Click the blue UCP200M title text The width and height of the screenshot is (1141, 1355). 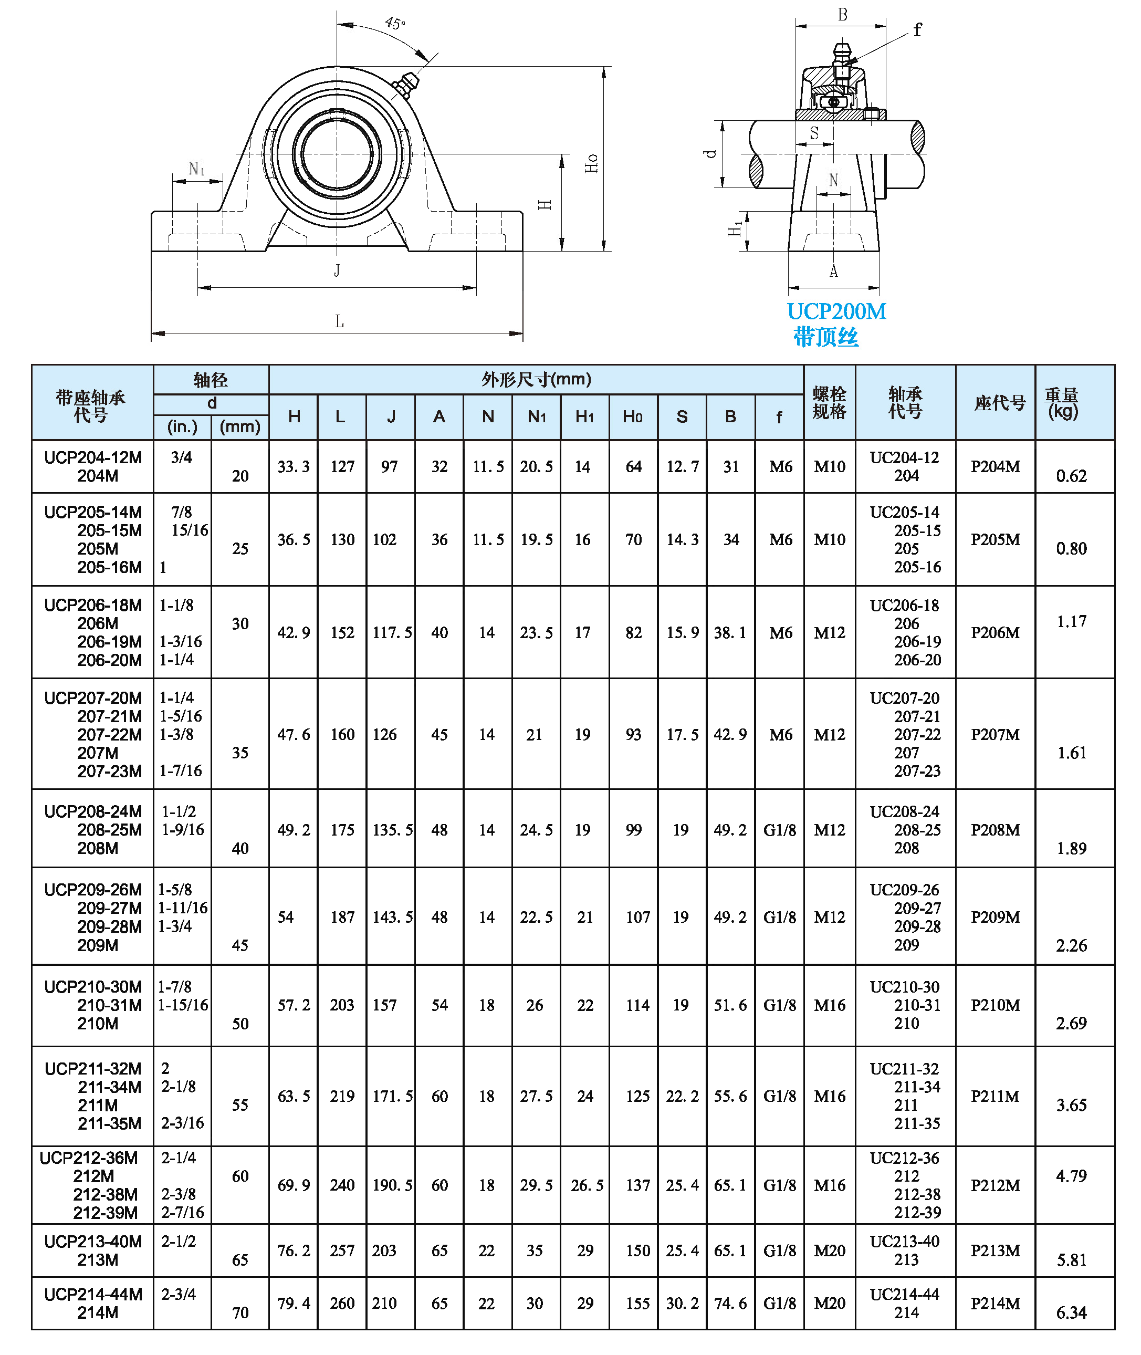coord(836,312)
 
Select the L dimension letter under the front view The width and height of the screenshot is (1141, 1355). coord(339,321)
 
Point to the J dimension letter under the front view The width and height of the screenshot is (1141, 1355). coord(337,270)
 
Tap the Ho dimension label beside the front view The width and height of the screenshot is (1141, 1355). coord(591,163)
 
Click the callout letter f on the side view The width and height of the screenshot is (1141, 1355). coord(917,30)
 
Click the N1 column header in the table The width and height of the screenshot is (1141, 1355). coord(536,416)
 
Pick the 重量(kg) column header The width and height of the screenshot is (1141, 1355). coord(1061,402)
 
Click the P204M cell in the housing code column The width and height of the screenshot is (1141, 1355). coord(995,466)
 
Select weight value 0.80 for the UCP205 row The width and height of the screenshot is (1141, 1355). coord(1071,549)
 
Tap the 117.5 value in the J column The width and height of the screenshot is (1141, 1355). coord(391,633)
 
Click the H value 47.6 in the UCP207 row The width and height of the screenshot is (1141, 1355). coord(294,734)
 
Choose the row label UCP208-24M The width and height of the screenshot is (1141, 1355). coord(93,811)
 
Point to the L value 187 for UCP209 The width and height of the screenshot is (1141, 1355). coord(342,917)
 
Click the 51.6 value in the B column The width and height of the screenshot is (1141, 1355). coord(730,1005)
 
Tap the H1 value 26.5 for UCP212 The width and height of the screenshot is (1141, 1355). coord(587,1185)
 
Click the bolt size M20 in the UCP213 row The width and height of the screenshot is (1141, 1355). coord(829,1251)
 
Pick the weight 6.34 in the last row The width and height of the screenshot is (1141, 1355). coord(1071,1313)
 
